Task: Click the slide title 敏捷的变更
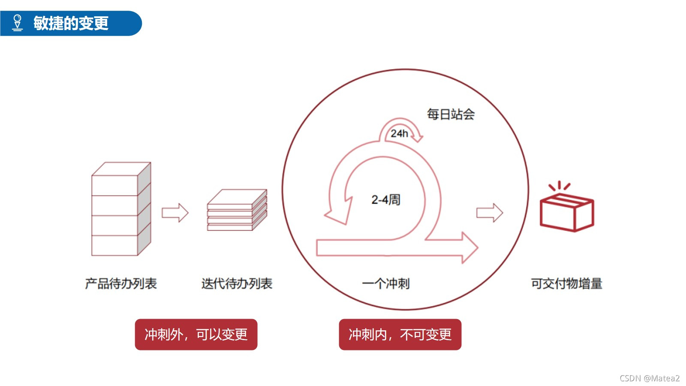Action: pos(71,23)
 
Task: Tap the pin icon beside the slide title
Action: pos(17,23)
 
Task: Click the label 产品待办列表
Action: pos(121,283)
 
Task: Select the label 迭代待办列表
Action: pos(237,283)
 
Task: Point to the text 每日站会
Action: pos(451,114)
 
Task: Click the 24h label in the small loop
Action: pos(399,133)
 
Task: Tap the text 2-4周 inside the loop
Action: pos(385,199)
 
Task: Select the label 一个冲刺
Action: pos(385,283)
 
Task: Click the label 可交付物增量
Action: pos(566,283)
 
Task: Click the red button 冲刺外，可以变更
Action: pos(196,335)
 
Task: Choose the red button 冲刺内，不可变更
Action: pos(400,335)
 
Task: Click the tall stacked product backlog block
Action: pos(121,209)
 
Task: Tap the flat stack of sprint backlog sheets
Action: pos(237,210)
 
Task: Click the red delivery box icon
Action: pos(566,212)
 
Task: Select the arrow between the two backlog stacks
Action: pos(175,212)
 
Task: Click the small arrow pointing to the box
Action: pos(490,212)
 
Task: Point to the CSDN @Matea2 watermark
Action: pos(649,378)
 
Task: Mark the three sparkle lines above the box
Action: pos(560,186)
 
